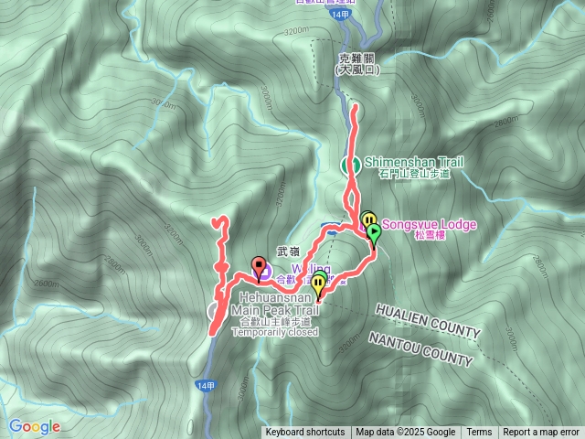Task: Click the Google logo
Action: (x=35, y=426)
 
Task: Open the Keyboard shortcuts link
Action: (x=305, y=433)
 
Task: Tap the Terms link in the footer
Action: (x=479, y=433)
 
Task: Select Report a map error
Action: (x=543, y=433)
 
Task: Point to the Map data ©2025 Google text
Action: (x=405, y=433)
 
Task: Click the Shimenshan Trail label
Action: (x=414, y=162)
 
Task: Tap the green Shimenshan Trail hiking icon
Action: (x=349, y=166)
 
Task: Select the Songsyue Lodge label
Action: (x=429, y=222)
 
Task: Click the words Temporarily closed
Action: (x=274, y=332)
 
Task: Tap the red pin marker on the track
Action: (x=259, y=266)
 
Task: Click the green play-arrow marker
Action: (x=373, y=232)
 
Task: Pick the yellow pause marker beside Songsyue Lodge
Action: (x=367, y=219)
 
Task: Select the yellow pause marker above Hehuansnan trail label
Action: (x=318, y=284)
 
